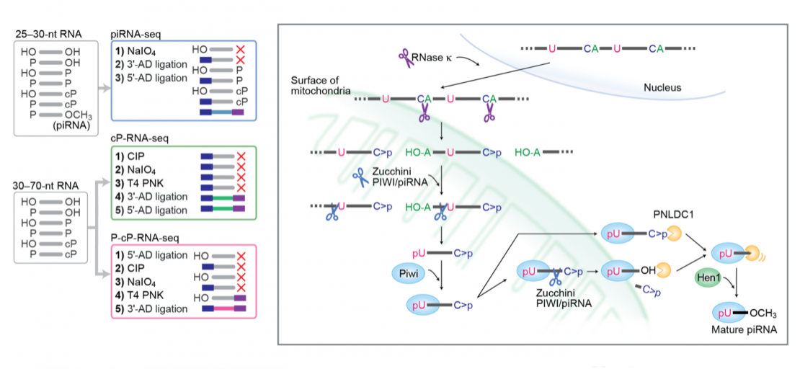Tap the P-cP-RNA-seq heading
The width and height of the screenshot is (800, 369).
coord(144,236)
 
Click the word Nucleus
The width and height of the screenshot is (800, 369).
coord(663,88)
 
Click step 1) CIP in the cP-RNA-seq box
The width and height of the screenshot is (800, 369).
coord(135,156)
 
